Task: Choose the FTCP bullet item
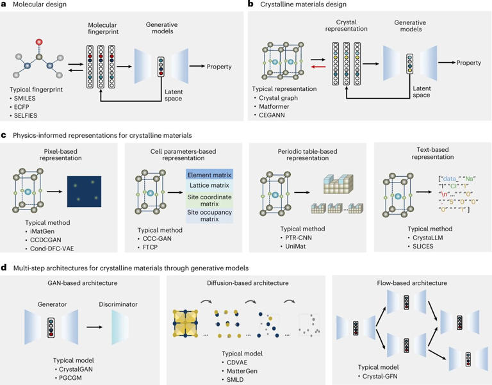pos(150,236)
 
